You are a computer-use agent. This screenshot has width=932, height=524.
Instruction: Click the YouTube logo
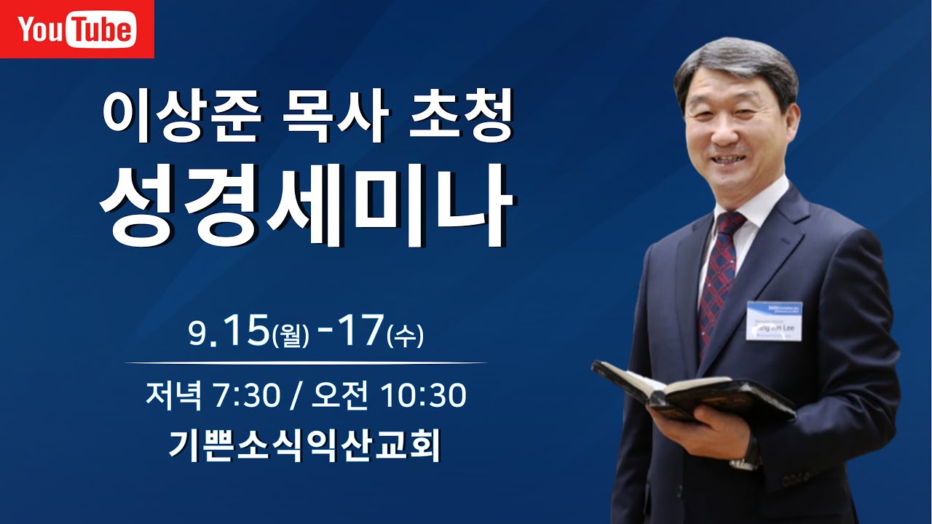click(x=76, y=29)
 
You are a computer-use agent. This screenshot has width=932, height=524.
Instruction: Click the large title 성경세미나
click(x=306, y=206)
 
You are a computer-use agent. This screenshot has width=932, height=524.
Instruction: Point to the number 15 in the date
click(x=247, y=332)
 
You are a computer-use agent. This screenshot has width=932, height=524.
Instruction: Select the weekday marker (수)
click(x=406, y=337)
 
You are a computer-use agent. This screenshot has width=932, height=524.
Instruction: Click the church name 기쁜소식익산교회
click(x=305, y=445)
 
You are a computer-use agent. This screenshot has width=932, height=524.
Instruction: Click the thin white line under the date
click(x=305, y=362)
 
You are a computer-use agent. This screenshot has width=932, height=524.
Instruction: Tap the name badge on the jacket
click(x=774, y=320)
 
